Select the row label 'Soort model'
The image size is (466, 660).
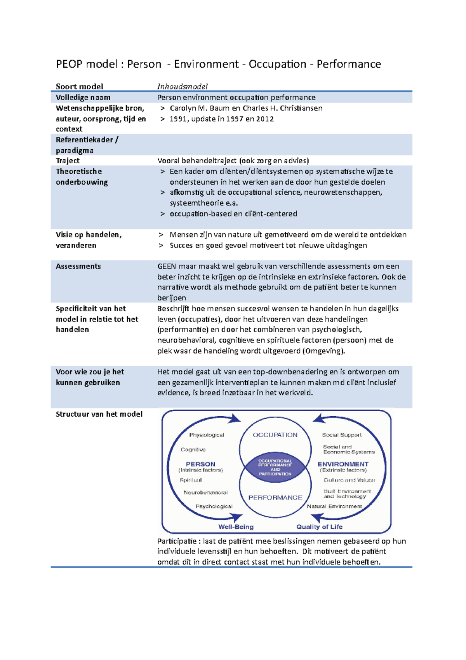point(80,86)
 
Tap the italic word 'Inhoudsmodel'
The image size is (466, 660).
point(182,86)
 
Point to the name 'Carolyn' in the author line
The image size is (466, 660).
point(183,108)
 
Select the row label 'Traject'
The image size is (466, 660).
point(68,161)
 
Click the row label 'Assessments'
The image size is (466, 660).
point(78,266)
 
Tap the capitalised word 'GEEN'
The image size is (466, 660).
point(166,266)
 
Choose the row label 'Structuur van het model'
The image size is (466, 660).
point(99,414)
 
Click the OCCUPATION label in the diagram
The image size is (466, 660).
point(275,435)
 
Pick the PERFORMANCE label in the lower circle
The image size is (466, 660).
point(275,498)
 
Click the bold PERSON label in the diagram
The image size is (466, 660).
point(200,464)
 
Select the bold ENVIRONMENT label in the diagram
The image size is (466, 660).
point(343,464)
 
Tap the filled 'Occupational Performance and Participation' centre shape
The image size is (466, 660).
point(275,467)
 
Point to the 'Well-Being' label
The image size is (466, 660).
point(236,527)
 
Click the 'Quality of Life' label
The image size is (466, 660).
point(319,527)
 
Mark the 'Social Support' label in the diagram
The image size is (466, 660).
point(342,435)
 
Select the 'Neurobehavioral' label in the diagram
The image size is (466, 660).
point(205,492)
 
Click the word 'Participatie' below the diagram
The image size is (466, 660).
point(177,541)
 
